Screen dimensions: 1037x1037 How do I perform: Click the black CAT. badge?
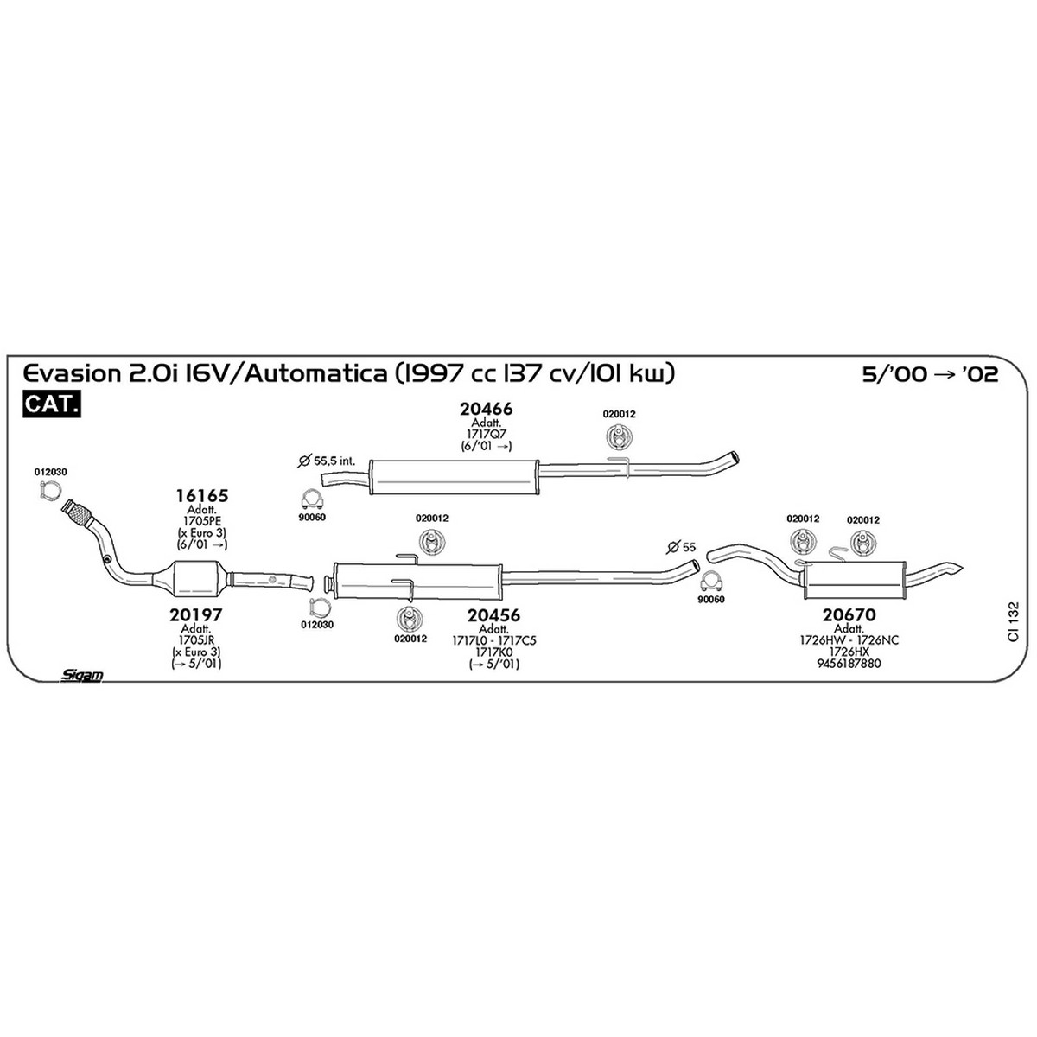click(52, 404)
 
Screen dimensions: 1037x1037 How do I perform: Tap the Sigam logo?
click(82, 675)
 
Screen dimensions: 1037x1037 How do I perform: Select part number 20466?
click(486, 409)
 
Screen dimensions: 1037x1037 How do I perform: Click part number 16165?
click(202, 496)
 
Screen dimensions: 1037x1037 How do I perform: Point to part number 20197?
click(196, 614)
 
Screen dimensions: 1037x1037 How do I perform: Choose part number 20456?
click(493, 615)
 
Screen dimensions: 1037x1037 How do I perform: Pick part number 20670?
click(849, 614)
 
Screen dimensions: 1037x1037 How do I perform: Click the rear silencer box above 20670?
click(854, 580)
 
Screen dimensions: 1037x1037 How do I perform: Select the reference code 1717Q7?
click(486, 435)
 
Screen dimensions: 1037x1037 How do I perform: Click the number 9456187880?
click(849, 664)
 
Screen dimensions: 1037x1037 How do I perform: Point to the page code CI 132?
click(1014, 621)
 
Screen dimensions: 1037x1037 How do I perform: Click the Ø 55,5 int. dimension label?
click(328, 461)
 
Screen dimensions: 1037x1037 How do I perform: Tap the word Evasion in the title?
click(73, 373)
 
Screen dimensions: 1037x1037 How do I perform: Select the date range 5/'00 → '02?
click(930, 374)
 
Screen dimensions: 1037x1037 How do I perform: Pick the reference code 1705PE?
click(202, 521)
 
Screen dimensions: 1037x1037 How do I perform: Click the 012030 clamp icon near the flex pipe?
click(50, 490)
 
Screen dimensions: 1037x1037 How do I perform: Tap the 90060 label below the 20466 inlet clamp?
click(313, 518)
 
